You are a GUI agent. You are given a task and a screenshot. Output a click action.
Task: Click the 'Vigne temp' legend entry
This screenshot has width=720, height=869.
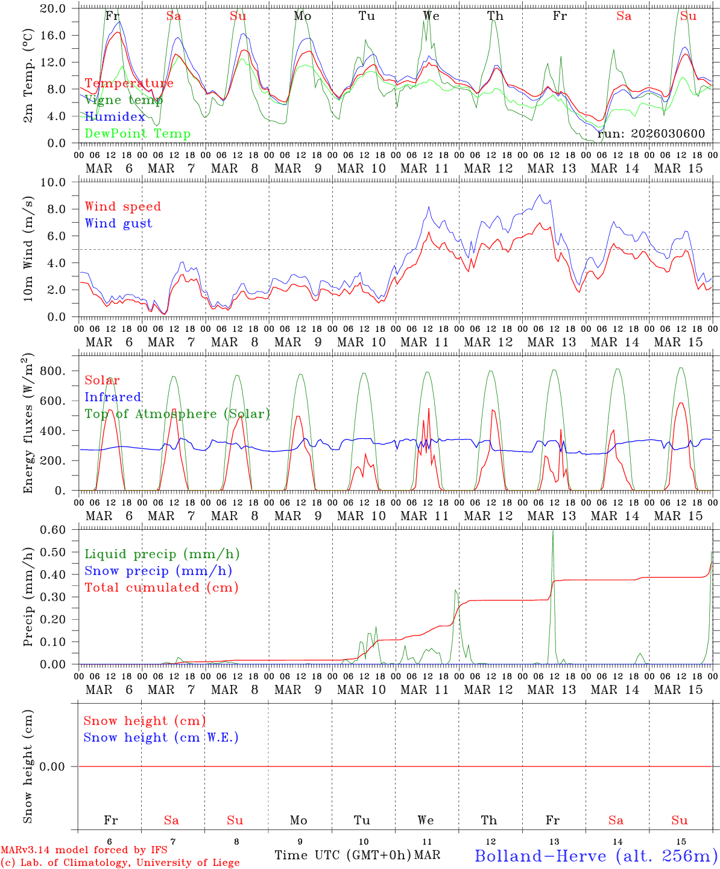point(120,100)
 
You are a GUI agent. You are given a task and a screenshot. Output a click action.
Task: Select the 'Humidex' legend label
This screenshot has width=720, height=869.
point(115,117)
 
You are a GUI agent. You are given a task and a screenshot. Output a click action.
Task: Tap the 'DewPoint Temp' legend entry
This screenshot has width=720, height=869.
point(137,134)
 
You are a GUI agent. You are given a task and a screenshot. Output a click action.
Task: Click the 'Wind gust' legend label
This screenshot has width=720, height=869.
point(118,223)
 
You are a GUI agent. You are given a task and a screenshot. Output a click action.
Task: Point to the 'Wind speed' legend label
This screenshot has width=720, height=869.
point(122,206)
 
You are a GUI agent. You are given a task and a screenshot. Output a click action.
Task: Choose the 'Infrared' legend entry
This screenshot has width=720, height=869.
point(113,397)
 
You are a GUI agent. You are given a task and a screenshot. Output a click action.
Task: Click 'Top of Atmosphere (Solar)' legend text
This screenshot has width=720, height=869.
point(177,414)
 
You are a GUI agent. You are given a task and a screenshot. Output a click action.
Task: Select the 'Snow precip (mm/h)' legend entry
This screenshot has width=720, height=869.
point(158,571)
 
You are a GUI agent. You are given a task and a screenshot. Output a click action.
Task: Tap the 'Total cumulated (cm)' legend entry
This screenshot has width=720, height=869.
point(161,588)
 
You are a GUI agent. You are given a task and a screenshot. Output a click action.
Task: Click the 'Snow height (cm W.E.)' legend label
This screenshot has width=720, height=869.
point(161,737)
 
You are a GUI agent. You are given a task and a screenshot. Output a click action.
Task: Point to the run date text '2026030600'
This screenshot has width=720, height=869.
point(668,134)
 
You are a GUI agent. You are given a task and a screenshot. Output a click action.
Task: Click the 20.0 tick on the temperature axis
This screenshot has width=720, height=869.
point(54,8)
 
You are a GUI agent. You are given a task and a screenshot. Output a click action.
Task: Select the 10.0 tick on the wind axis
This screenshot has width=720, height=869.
point(54,182)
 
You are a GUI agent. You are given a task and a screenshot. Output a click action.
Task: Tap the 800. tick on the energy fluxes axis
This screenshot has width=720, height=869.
point(52,371)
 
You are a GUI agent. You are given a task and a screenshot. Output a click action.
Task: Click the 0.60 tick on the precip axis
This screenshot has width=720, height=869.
point(54,530)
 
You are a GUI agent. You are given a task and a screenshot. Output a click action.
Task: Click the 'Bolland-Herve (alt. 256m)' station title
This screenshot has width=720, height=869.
point(596,856)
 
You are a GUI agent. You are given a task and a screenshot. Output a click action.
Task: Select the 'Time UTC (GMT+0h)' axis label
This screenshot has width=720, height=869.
point(343,855)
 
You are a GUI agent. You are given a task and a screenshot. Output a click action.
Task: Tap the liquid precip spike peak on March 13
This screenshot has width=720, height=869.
point(552,530)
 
